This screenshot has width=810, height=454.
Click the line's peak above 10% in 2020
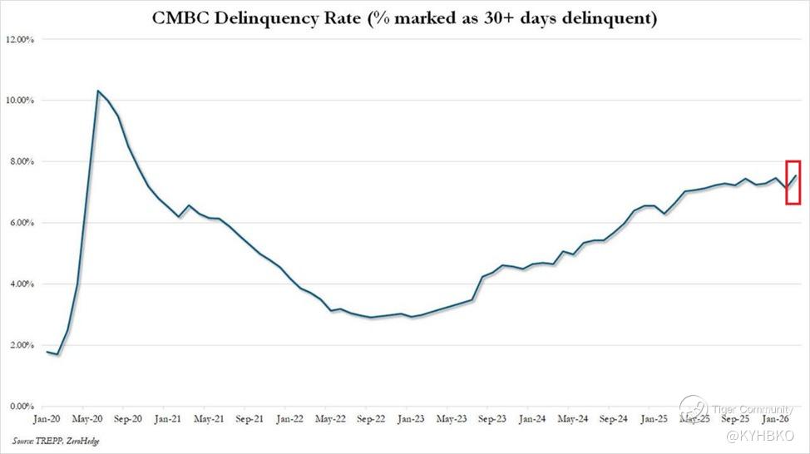98,91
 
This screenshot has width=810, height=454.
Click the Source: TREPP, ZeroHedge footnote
56,441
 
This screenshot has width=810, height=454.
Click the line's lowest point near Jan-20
57,355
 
